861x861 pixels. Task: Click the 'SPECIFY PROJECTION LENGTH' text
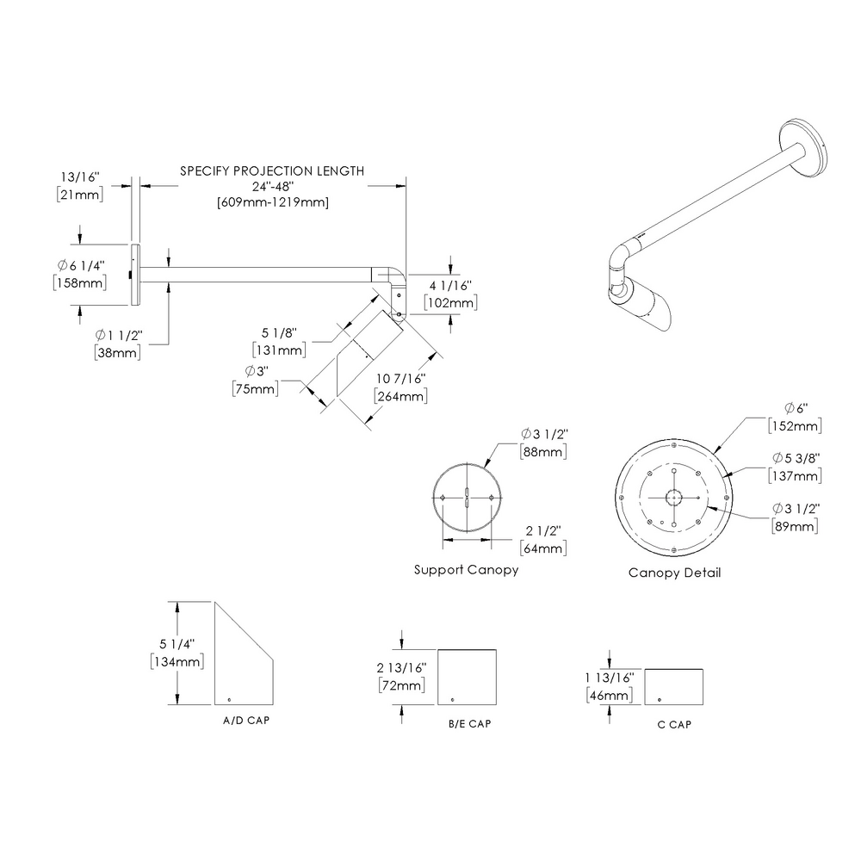(271, 171)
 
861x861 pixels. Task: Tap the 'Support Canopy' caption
(466, 570)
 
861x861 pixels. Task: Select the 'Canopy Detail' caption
(674, 573)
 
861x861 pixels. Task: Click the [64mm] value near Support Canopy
(542, 548)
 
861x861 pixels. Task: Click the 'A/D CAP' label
(245, 718)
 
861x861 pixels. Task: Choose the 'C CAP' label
(674, 724)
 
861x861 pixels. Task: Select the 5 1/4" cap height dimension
(177, 643)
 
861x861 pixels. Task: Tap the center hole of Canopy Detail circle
(674, 498)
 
